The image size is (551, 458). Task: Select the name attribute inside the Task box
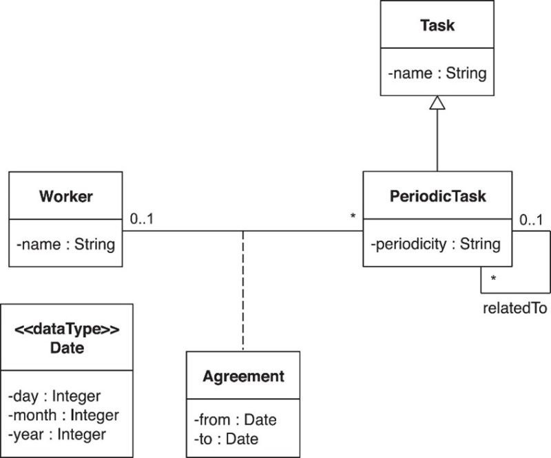pyautogui.click(x=437, y=72)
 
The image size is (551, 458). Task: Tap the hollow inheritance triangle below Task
pyautogui.click(x=437, y=103)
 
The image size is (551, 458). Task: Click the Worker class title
pyautogui.click(x=66, y=197)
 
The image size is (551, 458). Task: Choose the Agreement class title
pyautogui.click(x=243, y=376)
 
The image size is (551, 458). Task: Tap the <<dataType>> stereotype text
pyautogui.click(x=67, y=330)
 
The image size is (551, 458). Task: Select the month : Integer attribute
pyautogui.click(x=64, y=415)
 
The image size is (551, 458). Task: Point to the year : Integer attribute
pyautogui.click(x=58, y=434)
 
